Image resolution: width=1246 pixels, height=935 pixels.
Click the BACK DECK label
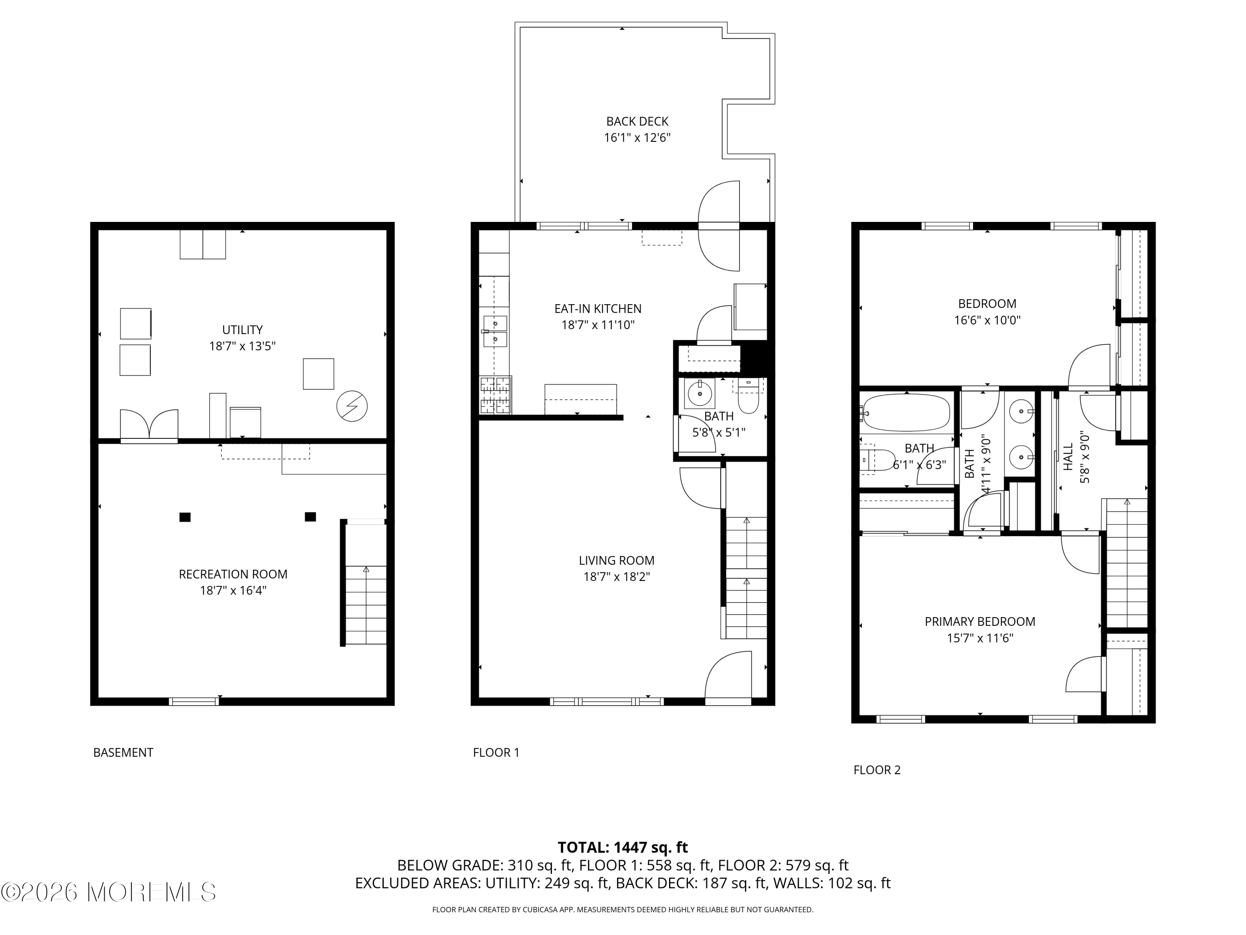coord(637,121)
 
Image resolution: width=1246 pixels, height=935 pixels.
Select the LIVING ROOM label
coord(616,560)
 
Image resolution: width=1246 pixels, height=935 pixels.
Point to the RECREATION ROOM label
coord(233,574)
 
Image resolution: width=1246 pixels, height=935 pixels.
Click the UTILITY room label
coord(242,330)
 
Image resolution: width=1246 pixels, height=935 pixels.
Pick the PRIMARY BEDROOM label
coord(979,622)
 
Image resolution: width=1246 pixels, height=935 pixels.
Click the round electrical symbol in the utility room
coord(352,406)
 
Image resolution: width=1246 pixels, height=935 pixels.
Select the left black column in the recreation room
coord(185,517)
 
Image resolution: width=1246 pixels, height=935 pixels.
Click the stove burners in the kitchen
coord(495,395)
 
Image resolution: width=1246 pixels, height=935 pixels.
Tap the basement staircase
coord(365,603)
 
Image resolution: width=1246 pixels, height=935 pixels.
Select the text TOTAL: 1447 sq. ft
coord(623,847)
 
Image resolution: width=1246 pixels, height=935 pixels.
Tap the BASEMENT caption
coord(123,753)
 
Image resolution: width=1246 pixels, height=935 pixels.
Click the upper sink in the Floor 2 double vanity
coord(1020,412)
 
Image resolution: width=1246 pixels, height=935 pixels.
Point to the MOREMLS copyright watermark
coord(108,892)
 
